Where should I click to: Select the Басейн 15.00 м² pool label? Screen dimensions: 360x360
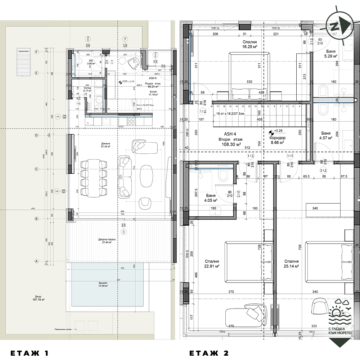pyautogui.click(x=104, y=284)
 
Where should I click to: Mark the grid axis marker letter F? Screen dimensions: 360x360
pyautogui.click(x=36, y=52)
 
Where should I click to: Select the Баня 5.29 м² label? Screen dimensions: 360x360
pyautogui.click(x=330, y=54)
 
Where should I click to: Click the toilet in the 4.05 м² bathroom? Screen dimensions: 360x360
pyautogui.click(x=223, y=175)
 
